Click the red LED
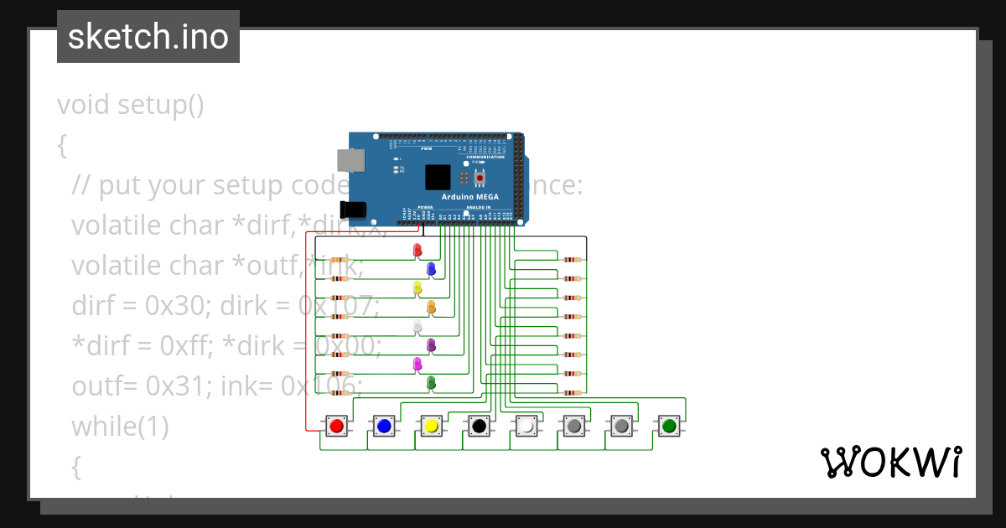(417, 250)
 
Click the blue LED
(431, 268)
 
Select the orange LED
(431, 307)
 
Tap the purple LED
(431, 344)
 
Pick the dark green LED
(431, 383)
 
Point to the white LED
(417, 326)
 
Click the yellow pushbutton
(432, 427)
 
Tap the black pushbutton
(479, 427)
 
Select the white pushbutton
(526, 427)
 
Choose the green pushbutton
(669, 427)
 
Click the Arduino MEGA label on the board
(470, 197)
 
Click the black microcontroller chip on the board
(437, 177)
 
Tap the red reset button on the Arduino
(480, 178)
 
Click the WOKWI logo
(890, 462)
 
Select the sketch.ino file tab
(148, 37)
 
